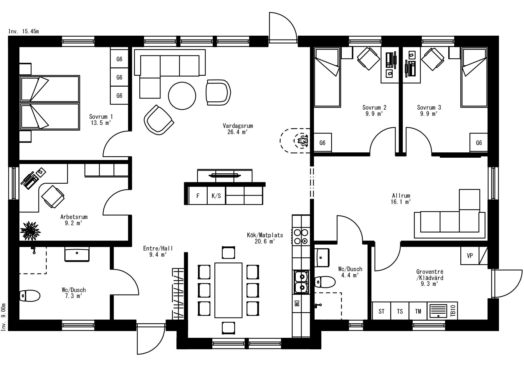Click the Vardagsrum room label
(238, 126)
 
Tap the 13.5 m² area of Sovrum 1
(101, 123)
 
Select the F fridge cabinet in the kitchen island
(198, 195)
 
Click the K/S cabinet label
(216, 195)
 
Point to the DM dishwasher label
(296, 303)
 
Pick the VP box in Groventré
(470, 256)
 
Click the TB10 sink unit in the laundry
(442, 311)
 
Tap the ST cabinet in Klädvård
(381, 311)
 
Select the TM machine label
(418, 311)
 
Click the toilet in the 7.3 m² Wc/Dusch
(30, 295)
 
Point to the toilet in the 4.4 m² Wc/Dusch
(325, 282)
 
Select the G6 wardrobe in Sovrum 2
(323, 143)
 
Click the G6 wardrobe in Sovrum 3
(479, 143)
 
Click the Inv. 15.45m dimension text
(24, 32)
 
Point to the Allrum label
(401, 196)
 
